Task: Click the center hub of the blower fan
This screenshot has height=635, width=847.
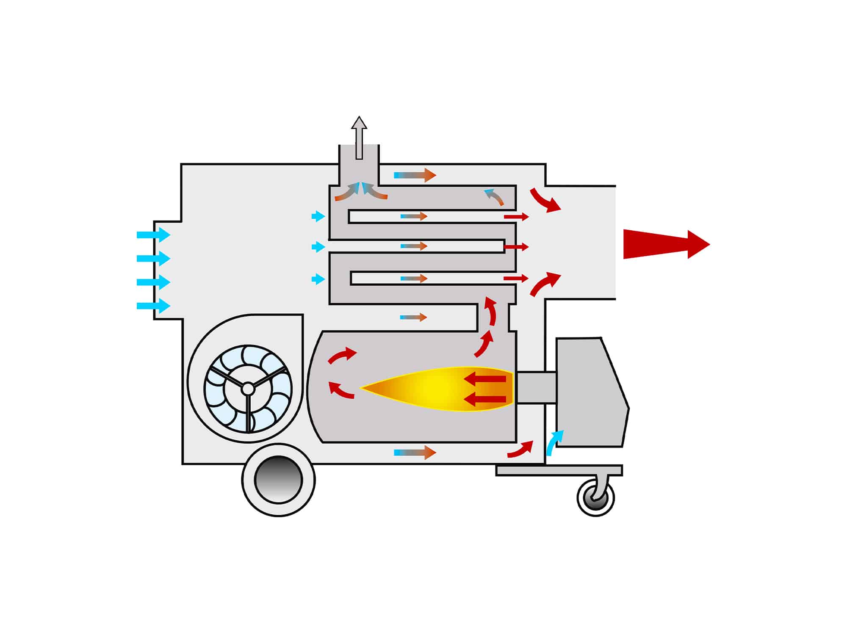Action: click(x=248, y=389)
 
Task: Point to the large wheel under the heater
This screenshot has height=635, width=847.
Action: click(x=279, y=480)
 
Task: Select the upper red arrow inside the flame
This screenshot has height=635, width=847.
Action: click(x=485, y=379)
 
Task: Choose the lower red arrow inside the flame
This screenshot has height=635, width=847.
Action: click(x=485, y=399)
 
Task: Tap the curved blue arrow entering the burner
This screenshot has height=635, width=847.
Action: click(x=555, y=442)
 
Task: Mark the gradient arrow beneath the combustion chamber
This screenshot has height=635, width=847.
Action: click(x=415, y=452)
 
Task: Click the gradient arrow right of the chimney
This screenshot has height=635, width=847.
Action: click(x=415, y=175)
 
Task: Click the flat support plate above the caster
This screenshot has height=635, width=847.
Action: click(x=559, y=470)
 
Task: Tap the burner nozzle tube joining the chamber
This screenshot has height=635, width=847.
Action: click(x=536, y=387)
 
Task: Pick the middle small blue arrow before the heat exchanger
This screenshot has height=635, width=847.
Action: click(x=318, y=246)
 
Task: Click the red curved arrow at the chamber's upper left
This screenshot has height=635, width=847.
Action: click(x=342, y=355)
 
